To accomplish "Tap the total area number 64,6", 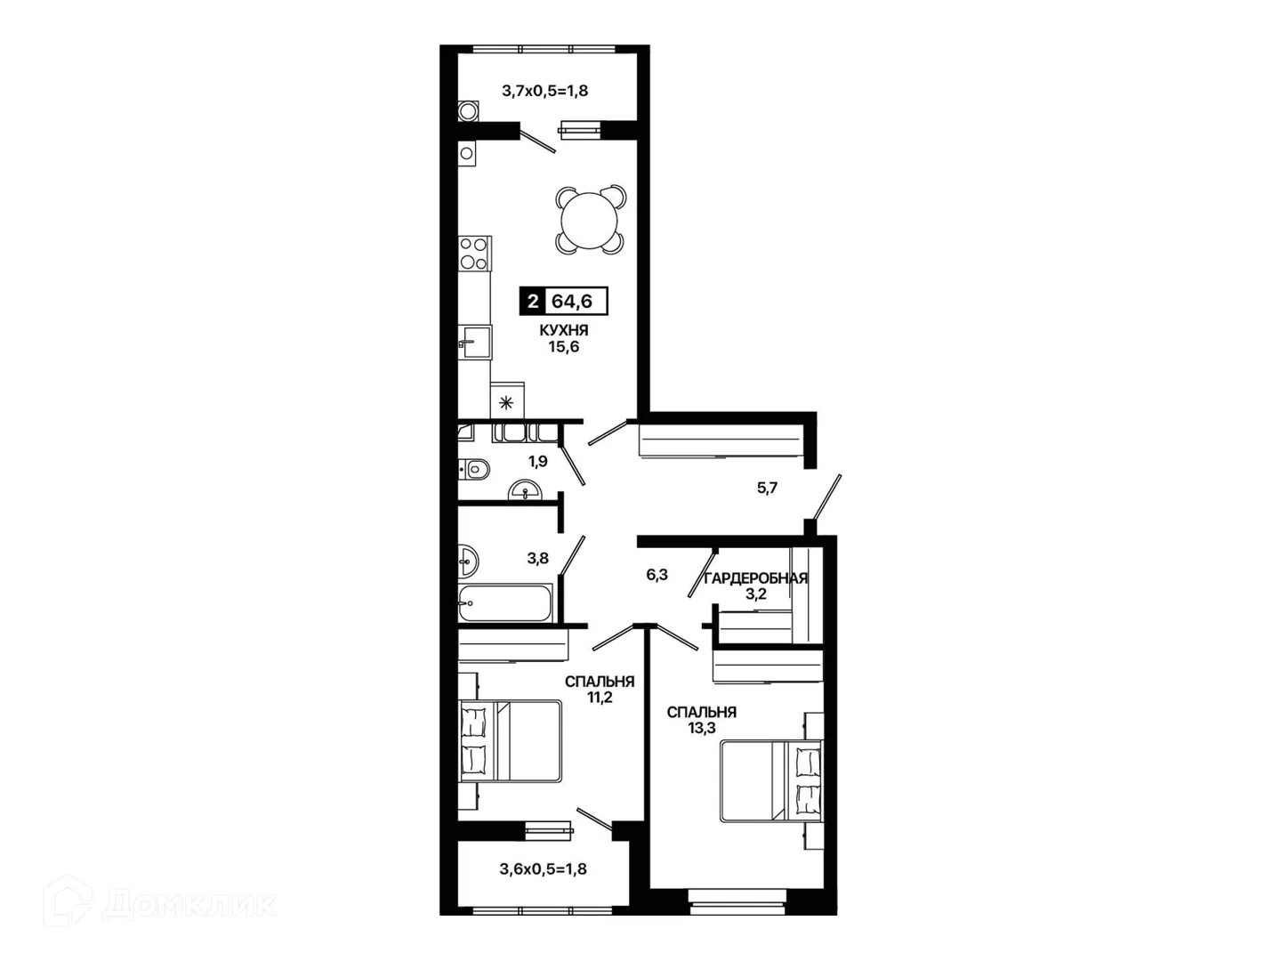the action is tap(572, 301).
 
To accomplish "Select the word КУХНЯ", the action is tap(564, 330).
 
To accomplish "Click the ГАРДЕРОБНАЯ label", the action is tap(756, 578).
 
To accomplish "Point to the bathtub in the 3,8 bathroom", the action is tap(504, 602).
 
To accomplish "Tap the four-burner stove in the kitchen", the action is tap(474, 254).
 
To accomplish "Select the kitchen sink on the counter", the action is tap(474, 342).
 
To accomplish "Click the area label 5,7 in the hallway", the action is tap(768, 488).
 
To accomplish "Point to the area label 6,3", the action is tap(657, 575).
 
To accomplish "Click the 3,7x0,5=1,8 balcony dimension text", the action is tap(544, 91).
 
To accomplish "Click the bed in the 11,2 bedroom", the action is tap(510, 741).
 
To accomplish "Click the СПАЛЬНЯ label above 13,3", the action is tap(702, 712).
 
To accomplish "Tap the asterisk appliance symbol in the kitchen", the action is tap(506, 402).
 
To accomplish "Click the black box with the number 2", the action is tap(532, 301).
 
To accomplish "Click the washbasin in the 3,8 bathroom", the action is tap(468, 561).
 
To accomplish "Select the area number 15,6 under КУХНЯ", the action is tap(563, 347).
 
